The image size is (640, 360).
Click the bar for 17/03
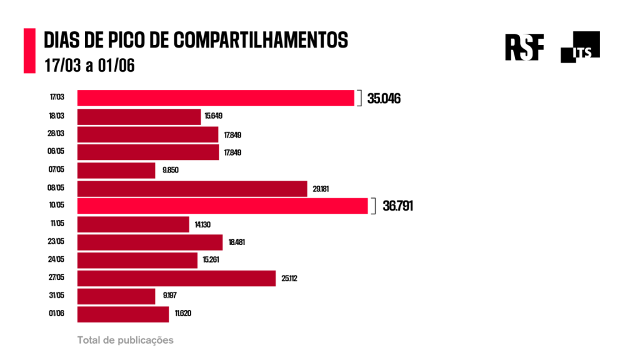(x=216, y=98)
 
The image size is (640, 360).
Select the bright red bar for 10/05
(x=222, y=206)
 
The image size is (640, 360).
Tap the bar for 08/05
(x=192, y=189)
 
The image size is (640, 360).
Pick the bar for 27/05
(x=176, y=278)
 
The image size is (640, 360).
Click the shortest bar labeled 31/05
(x=116, y=296)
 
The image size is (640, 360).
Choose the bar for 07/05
(x=116, y=171)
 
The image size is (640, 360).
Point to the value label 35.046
(x=384, y=99)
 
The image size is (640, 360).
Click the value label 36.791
(x=397, y=207)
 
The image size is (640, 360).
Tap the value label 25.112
(x=289, y=279)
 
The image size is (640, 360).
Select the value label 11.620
(x=183, y=314)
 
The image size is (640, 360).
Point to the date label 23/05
(x=57, y=242)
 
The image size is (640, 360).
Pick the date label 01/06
(x=57, y=314)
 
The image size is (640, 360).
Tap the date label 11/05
(x=57, y=224)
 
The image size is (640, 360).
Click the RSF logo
(x=524, y=46)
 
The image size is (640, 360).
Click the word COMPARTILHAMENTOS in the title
(x=260, y=40)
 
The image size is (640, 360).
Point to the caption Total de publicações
(x=125, y=341)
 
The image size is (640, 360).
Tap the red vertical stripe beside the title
(x=29, y=51)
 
